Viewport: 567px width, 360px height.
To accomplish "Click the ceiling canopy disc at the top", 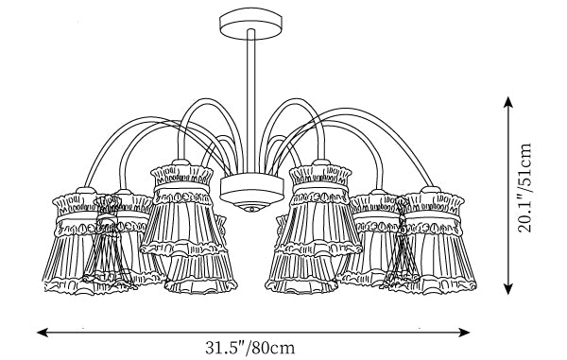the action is [x=250, y=24].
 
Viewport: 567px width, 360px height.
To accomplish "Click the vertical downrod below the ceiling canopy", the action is [x=251, y=101].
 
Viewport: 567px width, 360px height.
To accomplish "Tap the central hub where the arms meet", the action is [x=251, y=190].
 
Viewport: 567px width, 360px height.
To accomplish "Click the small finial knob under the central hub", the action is [x=252, y=208].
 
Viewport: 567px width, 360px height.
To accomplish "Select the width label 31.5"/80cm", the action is [x=250, y=348].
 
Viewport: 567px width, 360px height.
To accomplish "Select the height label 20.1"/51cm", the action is [x=524, y=188].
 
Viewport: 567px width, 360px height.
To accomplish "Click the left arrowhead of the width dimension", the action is [x=43, y=333].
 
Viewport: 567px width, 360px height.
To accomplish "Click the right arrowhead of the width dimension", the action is [x=464, y=333].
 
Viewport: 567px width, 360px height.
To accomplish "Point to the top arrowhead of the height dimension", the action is [x=508, y=102].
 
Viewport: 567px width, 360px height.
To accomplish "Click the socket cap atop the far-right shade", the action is [x=431, y=190].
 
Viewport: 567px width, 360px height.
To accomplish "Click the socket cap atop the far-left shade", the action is [x=86, y=190].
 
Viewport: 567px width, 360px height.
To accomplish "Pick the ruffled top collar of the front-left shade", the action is [x=181, y=175].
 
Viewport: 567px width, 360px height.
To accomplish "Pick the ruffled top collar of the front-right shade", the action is [x=320, y=175].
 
